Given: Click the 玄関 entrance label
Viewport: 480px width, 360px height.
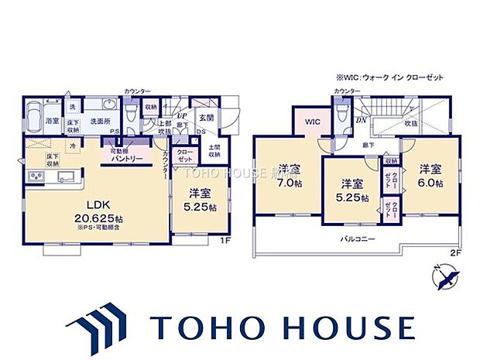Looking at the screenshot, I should pos(206,117).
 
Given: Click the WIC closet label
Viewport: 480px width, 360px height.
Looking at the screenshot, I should pos(312,122).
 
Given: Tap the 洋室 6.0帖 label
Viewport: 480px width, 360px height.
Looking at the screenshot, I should pos(430,176).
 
